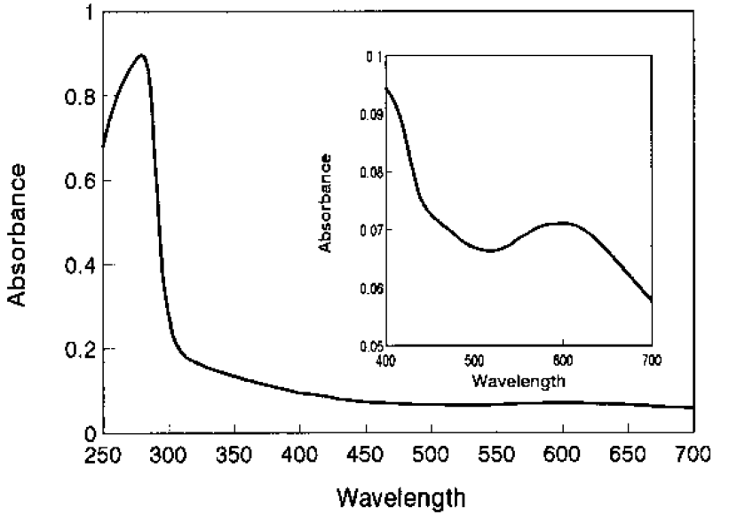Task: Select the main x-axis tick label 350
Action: point(234,456)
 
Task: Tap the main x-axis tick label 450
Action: point(365,456)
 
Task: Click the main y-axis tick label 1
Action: point(87,13)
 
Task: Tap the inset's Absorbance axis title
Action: point(327,202)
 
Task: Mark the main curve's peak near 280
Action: point(140,55)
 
